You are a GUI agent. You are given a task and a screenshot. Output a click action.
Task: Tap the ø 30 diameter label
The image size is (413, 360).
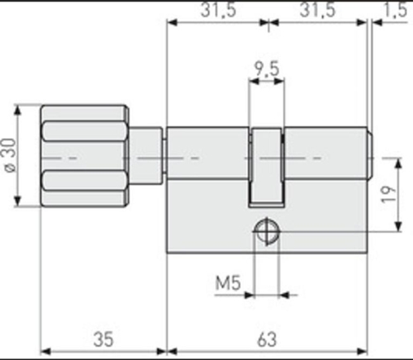(9, 157)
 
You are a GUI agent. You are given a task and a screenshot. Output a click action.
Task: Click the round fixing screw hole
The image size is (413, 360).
(267, 231)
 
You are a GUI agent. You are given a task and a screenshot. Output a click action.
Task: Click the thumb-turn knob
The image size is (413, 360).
(83, 157)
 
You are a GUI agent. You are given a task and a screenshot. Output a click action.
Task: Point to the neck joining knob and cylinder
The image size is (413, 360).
(146, 157)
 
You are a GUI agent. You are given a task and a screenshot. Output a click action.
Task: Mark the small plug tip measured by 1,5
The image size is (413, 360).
(372, 157)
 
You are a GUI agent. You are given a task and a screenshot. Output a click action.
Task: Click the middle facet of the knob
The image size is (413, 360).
(83, 157)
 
